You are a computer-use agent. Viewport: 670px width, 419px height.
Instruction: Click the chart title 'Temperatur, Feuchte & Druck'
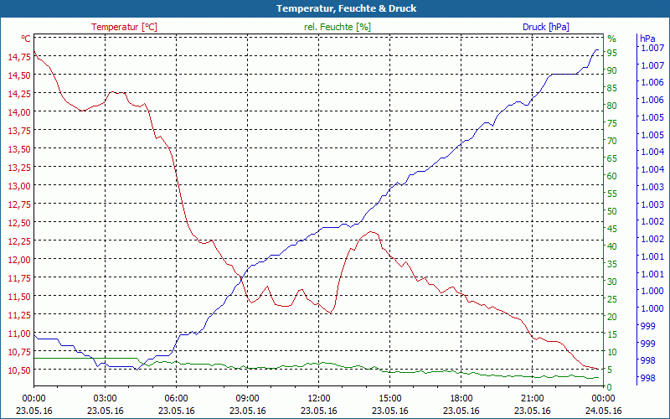[x=335, y=8]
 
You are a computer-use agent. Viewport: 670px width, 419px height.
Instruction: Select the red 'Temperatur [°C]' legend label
[x=124, y=27]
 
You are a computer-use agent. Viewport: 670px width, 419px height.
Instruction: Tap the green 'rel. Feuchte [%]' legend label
[x=338, y=27]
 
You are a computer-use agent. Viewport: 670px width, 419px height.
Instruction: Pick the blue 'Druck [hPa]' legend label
[x=546, y=27]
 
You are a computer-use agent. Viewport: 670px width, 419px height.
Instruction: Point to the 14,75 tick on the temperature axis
[x=18, y=57]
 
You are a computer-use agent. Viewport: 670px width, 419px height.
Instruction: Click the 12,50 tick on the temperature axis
[x=18, y=223]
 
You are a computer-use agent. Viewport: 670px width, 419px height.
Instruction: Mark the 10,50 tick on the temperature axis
[x=18, y=370]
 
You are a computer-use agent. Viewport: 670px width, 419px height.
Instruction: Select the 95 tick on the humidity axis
[x=612, y=53]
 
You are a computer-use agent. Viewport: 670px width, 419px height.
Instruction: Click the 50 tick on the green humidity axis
[x=612, y=211]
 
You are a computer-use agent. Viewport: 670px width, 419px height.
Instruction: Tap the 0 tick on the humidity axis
[x=610, y=387]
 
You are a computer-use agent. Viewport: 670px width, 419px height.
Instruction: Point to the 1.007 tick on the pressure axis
[x=652, y=48]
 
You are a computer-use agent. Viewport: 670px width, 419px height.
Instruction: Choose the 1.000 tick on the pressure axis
[x=652, y=292]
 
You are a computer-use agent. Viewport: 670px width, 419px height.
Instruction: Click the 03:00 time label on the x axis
[x=105, y=398]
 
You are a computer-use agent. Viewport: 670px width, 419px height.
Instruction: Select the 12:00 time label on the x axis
[x=319, y=398]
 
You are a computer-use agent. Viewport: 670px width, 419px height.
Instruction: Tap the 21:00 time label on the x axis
[x=533, y=398]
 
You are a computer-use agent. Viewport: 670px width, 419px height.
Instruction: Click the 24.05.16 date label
[x=604, y=411]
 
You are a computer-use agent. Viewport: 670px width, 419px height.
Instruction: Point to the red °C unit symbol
[x=26, y=39]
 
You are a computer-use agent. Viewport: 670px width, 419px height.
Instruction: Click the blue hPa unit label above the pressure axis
[x=647, y=39]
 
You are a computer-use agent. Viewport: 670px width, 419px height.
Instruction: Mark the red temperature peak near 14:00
[x=370, y=232]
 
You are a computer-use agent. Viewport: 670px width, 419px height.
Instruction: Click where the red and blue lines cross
[x=242, y=276]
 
